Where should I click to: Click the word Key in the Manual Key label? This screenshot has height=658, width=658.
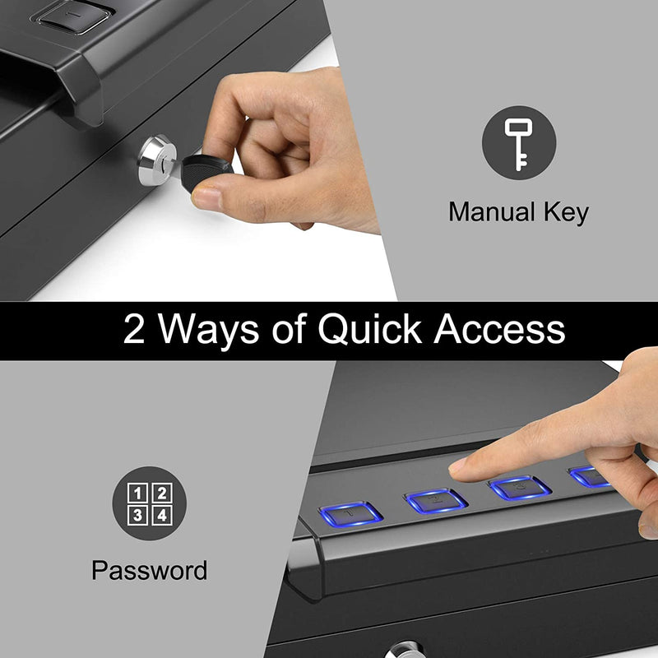tap(563, 212)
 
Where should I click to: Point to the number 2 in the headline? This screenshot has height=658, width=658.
tap(135, 330)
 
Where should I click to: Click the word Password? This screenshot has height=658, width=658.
tap(149, 570)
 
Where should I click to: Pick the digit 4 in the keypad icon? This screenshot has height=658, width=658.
tap(161, 515)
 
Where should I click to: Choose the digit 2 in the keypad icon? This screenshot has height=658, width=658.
tap(161, 493)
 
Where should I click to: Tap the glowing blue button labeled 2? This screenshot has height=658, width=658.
tap(437, 499)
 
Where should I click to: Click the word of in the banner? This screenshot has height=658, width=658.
tap(288, 330)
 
